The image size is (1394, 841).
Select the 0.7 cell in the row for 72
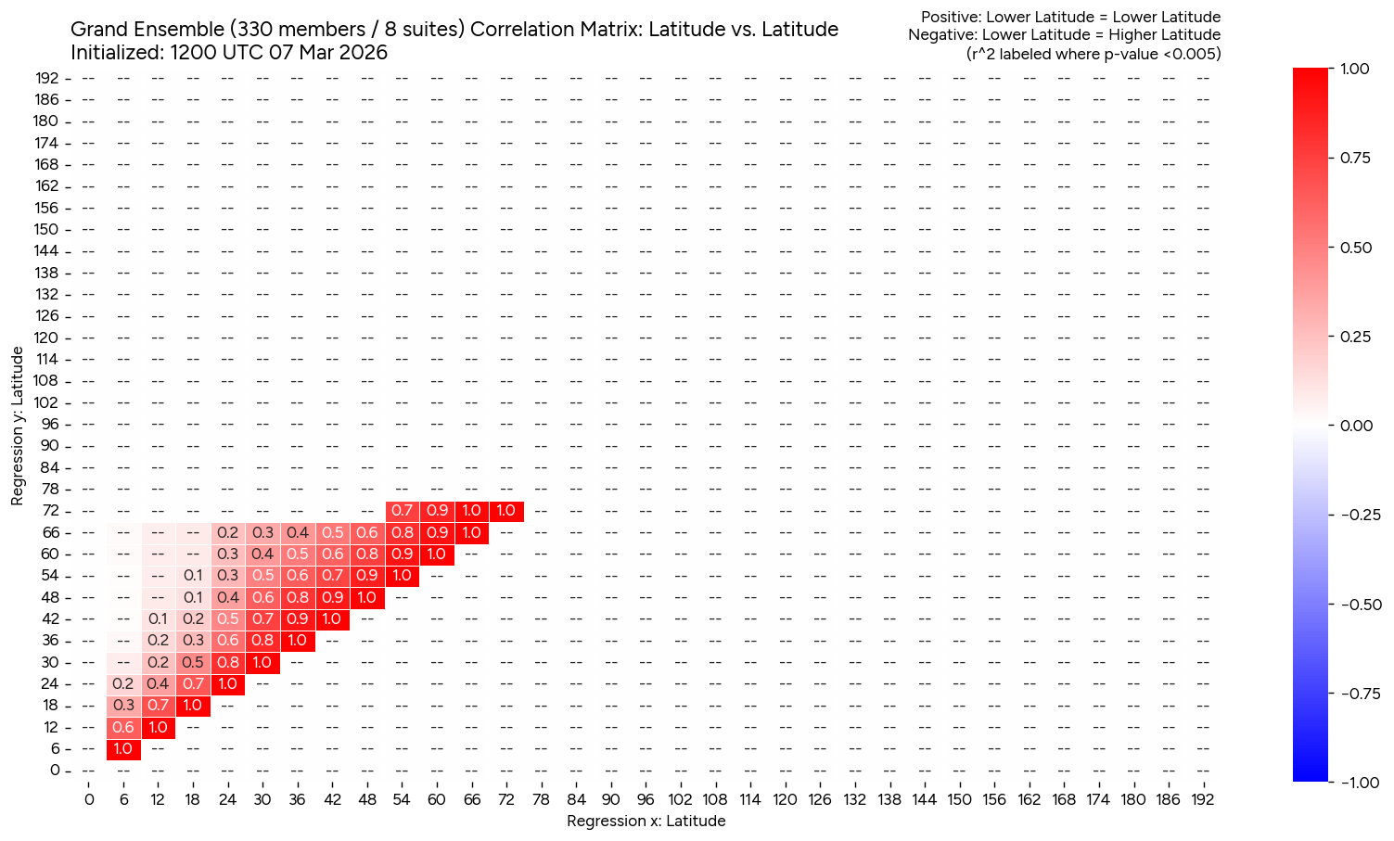click(x=402, y=511)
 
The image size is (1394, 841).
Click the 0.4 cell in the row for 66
click(x=298, y=532)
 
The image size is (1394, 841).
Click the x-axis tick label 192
click(x=1202, y=799)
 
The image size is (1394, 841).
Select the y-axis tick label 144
click(x=46, y=251)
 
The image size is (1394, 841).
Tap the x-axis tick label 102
click(x=680, y=799)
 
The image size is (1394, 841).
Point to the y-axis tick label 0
click(x=54, y=771)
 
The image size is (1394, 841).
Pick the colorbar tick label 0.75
click(x=1355, y=158)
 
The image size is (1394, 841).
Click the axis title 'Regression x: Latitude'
click(x=646, y=821)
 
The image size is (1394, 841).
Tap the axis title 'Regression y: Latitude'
click(x=18, y=426)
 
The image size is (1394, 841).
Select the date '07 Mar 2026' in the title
click(x=327, y=53)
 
